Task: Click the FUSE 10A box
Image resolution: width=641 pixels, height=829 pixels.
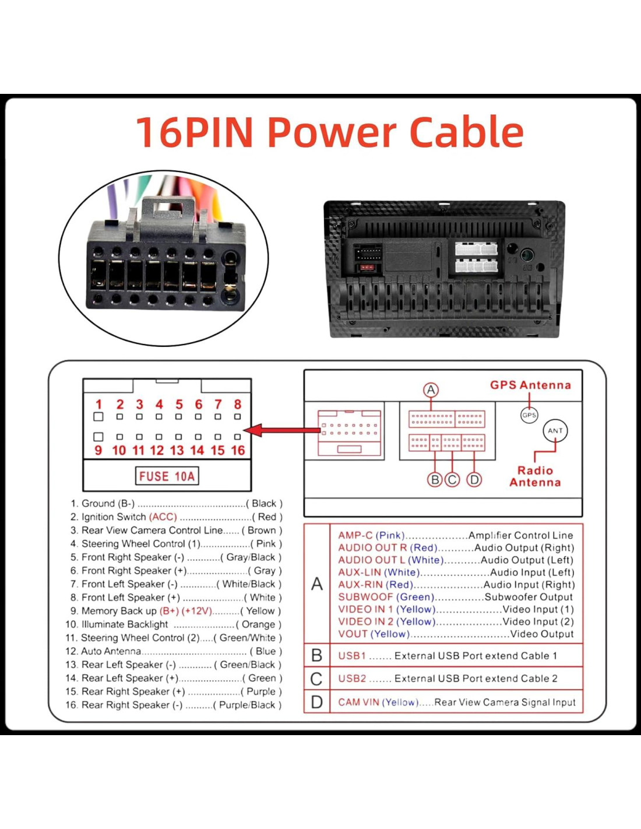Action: pyautogui.click(x=167, y=476)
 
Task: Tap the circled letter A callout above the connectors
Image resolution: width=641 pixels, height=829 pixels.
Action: pyautogui.click(x=431, y=389)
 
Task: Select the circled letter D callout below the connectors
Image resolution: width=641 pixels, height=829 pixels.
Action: pyautogui.click(x=474, y=480)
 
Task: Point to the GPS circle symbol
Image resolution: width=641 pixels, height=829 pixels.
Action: pyautogui.click(x=529, y=415)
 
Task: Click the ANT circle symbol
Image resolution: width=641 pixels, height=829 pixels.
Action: pyautogui.click(x=555, y=431)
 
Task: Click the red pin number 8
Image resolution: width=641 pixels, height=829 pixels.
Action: pyautogui.click(x=238, y=404)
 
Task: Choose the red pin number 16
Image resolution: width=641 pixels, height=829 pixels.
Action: pyautogui.click(x=238, y=450)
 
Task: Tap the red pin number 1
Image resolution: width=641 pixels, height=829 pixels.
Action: pyautogui.click(x=98, y=404)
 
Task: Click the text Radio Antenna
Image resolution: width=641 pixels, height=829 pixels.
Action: pyautogui.click(x=535, y=476)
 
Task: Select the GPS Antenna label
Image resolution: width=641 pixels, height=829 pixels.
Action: pyautogui.click(x=530, y=385)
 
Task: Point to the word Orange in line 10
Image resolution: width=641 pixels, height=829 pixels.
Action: pyautogui.click(x=258, y=624)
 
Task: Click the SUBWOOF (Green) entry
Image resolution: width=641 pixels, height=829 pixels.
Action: pyautogui.click(x=386, y=597)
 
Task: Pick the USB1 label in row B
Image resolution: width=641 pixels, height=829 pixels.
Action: pyautogui.click(x=352, y=656)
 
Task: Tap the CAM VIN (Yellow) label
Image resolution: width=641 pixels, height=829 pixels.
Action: pyautogui.click(x=378, y=702)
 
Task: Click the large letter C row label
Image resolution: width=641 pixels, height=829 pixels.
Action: pyautogui.click(x=316, y=679)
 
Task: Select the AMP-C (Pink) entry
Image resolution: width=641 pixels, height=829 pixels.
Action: pyautogui.click(x=371, y=535)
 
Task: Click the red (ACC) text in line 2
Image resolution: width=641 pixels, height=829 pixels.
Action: pyautogui.click(x=163, y=517)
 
